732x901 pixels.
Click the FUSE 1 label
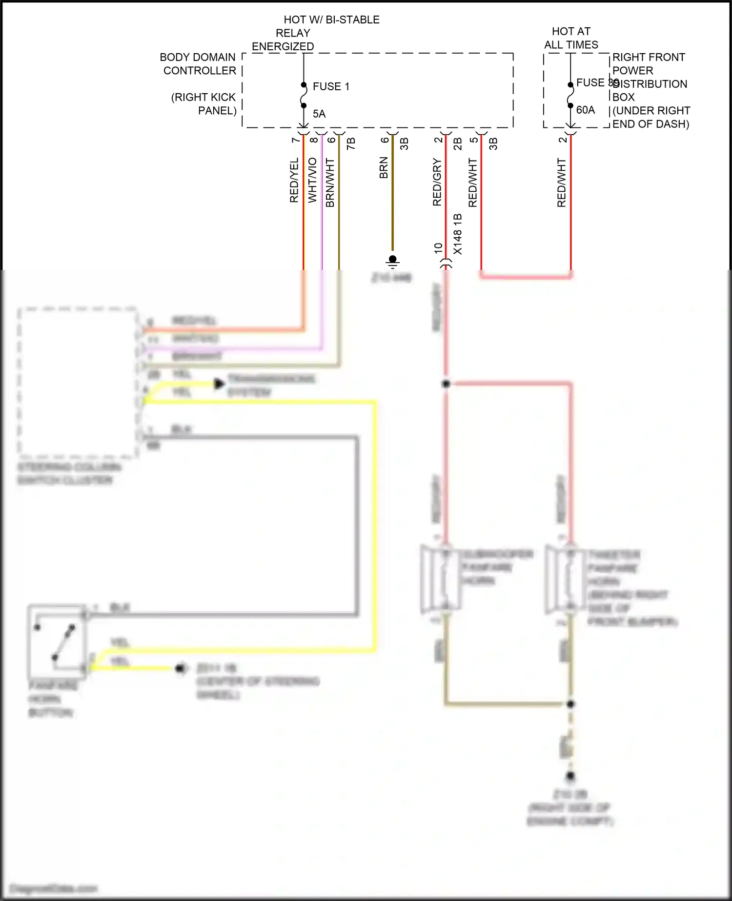coord(331,86)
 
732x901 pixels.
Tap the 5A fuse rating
coord(319,114)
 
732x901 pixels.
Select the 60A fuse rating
coord(585,110)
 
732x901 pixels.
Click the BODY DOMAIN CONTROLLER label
coord(198,64)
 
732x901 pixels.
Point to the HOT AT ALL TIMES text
coord(571,38)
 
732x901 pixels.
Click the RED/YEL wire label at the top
coord(294,180)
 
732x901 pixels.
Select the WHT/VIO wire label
coord(312,180)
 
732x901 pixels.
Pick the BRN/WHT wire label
coord(330,183)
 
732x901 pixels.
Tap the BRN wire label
coord(384,167)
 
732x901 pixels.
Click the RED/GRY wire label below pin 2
coord(437,182)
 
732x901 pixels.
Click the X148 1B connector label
coord(457,234)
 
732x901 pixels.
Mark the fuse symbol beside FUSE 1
coord(304,95)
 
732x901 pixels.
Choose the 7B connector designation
coord(351,143)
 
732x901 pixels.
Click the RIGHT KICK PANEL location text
coord(204,104)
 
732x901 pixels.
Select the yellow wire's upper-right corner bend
coord(375,402)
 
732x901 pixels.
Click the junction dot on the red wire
coord(446,384)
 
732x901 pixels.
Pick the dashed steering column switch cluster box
coord(77,383)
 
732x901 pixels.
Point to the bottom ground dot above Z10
coord(570,776)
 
